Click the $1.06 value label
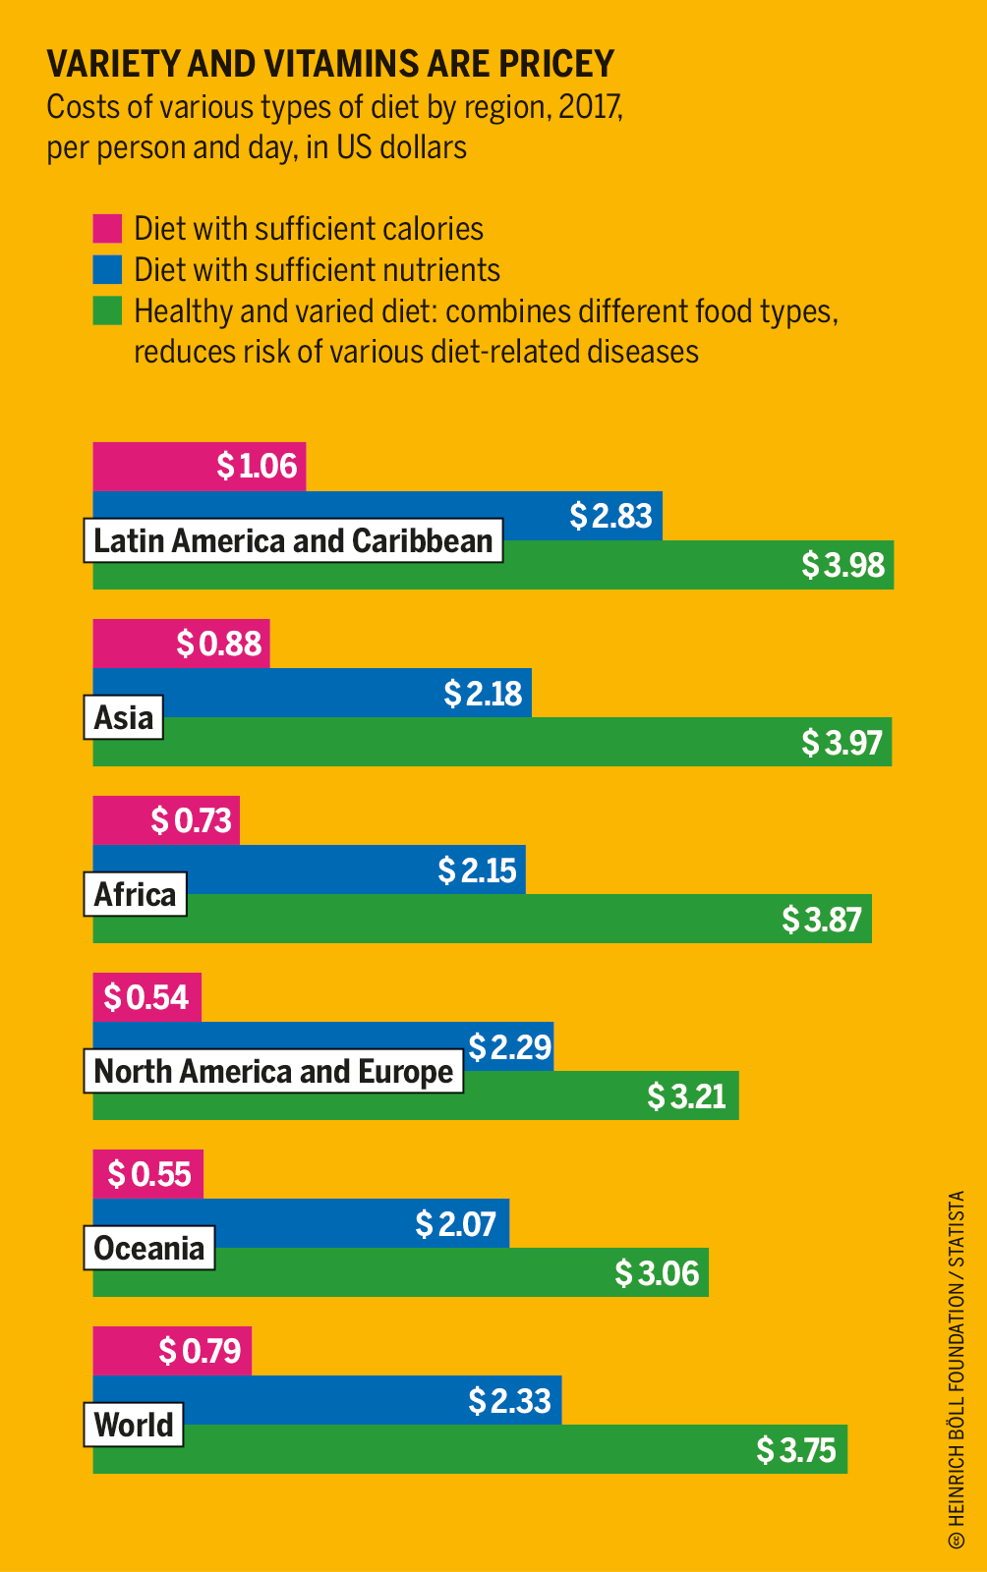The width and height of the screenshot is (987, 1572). tap(257, 466)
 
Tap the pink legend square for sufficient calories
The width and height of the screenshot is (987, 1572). tap(107, 228)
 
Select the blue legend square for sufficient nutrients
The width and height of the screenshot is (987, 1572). tap(107, 269)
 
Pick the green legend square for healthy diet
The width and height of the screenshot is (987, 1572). tap(107, 310)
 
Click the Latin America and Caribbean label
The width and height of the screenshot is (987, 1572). tap(293, 541)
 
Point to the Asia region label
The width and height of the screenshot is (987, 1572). tap(124, 718)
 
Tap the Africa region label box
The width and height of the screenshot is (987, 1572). tap(135, 895)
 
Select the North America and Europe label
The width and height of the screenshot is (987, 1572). tap(273, 1072)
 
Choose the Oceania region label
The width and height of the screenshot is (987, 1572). tap(149, 1249)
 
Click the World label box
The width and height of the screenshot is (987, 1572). tap(134, 1426)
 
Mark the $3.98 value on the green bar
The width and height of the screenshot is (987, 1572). tap(842, 566)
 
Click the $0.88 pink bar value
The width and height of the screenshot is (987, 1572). tap(219, 645)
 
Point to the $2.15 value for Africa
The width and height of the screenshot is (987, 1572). tap(477, 870)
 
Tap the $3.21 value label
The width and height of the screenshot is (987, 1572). tap(686, 1096)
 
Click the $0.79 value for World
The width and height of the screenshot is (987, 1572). tap(200, 1352)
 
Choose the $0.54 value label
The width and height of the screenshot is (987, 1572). tap(145, 998)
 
